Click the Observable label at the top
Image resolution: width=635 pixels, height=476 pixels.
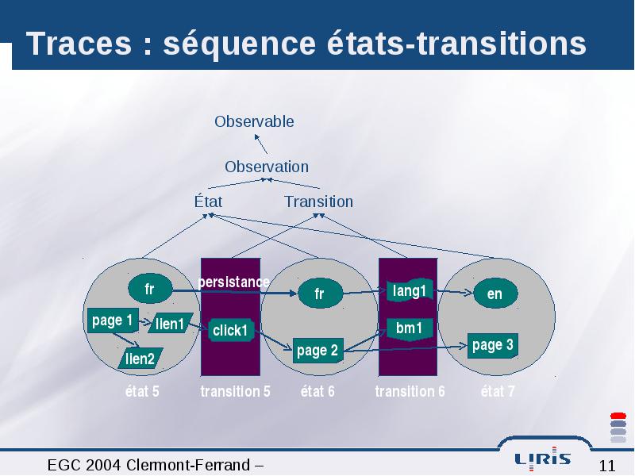[x=254, y=121]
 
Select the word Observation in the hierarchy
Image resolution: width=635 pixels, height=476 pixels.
[x=267, y=167]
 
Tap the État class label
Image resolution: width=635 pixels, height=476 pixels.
[x=208, y=202]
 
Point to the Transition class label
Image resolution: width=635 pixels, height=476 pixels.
[x=319, y=202]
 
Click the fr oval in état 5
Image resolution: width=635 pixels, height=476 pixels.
[x=150, y=289]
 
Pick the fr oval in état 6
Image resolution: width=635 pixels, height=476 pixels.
[x=321, y=294]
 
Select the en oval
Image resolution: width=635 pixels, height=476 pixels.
[x=495, y=294]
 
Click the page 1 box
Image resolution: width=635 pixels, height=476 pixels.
[x=113, y=321]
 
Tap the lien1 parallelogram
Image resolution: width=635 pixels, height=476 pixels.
[x=170, y=324]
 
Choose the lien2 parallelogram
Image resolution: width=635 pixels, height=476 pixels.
[x=140, y=359]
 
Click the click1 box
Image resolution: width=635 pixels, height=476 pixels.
[x=231, y=330]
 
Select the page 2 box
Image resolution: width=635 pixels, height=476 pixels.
[x=318, y=351]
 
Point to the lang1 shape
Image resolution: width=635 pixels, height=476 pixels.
[x=410, y=290]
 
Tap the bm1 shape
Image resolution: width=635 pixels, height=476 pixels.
[x=410, y=328]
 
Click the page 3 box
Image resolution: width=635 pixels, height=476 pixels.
[x=492, y=345]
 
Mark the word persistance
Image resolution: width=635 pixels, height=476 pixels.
[x=234, y=282]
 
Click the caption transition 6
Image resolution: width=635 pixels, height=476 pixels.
[x=410, y=391]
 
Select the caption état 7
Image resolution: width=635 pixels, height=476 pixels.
[x=498, y=391]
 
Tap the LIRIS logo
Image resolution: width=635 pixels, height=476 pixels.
[x=543, y=459]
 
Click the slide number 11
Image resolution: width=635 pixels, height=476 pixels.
[x=607, y=466]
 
